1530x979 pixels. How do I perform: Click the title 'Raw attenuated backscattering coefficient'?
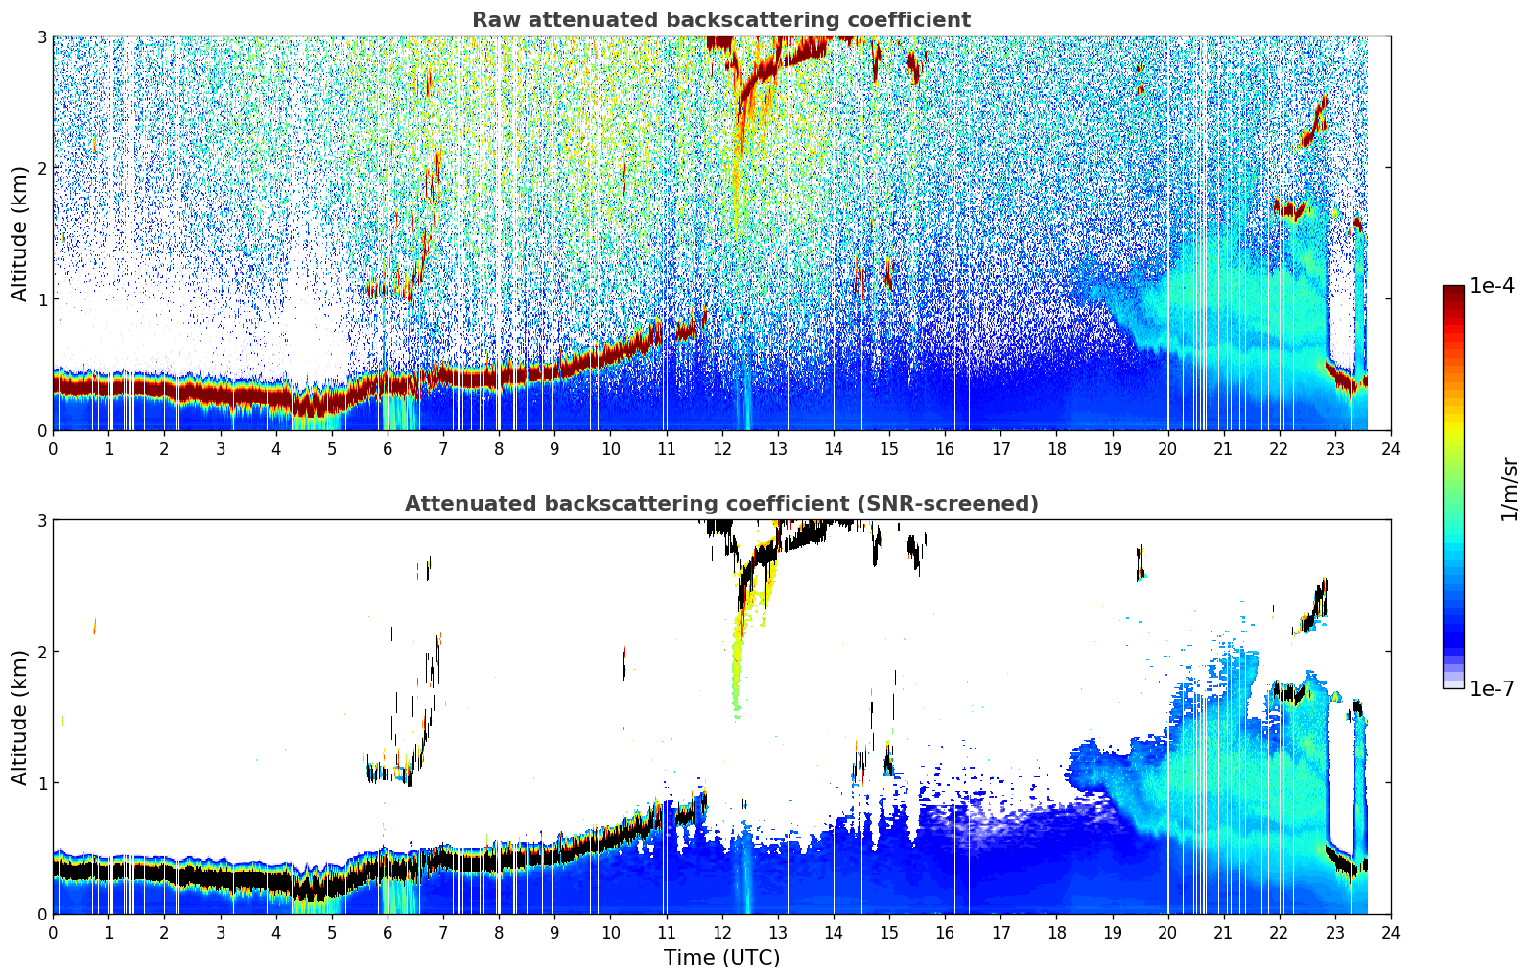coord(721,20)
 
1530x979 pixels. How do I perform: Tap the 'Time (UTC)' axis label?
coord(721,957)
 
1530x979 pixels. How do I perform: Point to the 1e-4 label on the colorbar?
coord(1492,286)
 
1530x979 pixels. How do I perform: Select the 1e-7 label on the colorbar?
coord(1492,688)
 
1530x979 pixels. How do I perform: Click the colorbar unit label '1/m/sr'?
coord(1509,489)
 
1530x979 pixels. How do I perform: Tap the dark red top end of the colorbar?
coord(1453,289)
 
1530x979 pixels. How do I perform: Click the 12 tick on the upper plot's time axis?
coord(722,449)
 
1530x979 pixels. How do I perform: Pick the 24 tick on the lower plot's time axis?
coord(1391,933)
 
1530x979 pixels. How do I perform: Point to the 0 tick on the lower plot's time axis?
coord(54,933)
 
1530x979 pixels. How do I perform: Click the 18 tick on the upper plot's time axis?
coord(1057,449)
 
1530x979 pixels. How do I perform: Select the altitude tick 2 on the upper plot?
coord(41,168)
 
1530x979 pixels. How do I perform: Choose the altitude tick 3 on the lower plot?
coord(41,520)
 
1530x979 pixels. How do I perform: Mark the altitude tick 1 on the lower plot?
coord(41,783)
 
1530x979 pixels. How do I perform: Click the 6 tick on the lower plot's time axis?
coord(388,933)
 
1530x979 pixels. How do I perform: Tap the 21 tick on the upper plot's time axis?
coord(1223,449)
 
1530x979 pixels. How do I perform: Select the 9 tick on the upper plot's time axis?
coord(554,449)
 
